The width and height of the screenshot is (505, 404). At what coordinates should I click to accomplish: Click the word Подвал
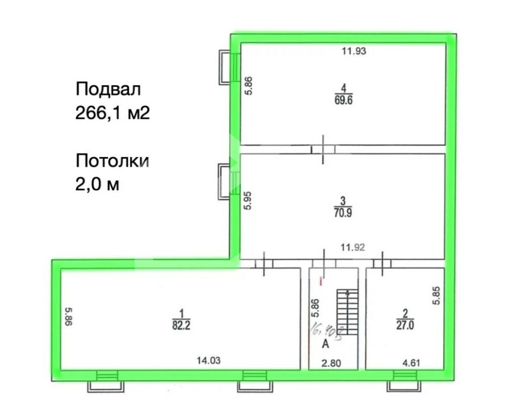tap(108, 89)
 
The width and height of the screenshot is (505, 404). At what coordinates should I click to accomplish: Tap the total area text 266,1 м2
tap(112, 114)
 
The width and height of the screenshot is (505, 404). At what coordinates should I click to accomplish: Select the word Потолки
tap(112, 160)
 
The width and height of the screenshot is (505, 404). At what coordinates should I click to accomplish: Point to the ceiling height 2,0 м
tap(97, 184)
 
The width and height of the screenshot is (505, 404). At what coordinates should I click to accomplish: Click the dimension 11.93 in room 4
tap(354, 51)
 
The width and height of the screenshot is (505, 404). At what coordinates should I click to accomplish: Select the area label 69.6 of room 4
tap(343, 101)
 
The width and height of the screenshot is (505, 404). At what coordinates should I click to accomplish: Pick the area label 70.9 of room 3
tap(343, 213)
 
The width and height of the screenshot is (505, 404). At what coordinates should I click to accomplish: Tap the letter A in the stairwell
tap(326, 344)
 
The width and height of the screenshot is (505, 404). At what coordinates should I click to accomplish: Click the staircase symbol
tap(348, 312)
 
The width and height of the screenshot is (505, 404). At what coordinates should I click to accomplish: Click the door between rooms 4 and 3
tap(324, 150)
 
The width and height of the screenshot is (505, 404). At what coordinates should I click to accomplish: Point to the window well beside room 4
tap(226, 67)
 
